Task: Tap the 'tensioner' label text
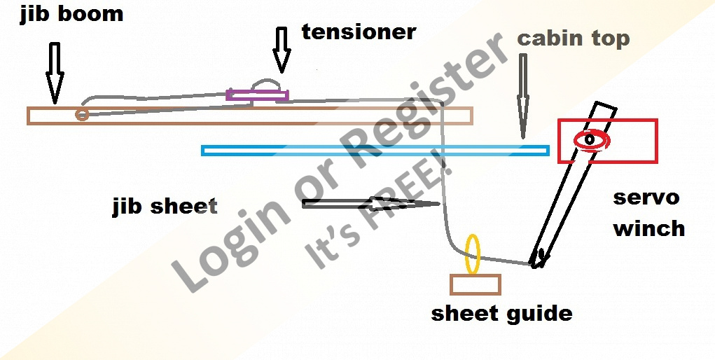[359, 32]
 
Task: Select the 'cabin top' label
[573, 39]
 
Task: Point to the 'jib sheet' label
[165, 207]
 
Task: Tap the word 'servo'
[646, 198]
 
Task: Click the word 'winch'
[648, 228]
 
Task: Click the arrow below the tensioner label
[282, 50]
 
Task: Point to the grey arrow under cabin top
[522, 95]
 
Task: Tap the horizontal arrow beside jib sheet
[371, 204]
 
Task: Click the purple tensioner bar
[257, 95]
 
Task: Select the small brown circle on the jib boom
[82, 114]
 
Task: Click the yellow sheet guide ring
[473, 254]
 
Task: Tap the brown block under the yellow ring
[475, 284]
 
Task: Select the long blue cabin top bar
[375, 150]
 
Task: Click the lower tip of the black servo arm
[536, 264]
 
